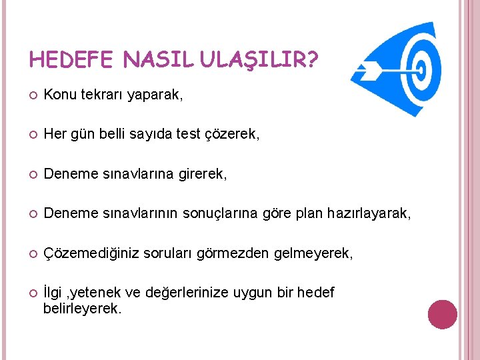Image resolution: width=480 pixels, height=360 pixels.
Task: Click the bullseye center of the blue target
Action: [420, 68]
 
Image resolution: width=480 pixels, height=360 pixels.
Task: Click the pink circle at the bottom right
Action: [443, 315]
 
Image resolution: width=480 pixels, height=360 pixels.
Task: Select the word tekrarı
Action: [101, 95]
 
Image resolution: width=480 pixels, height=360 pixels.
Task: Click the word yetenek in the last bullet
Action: [102, 293]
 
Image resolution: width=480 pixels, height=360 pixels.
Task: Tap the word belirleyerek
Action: [83, 309]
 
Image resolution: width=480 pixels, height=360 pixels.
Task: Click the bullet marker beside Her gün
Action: [32, 135]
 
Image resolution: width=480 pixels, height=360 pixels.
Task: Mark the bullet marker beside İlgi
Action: [32, 293]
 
